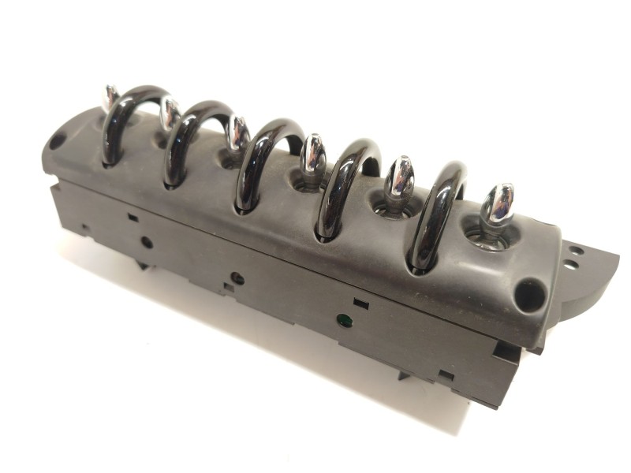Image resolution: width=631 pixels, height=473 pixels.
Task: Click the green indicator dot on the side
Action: click(x=343, y=320)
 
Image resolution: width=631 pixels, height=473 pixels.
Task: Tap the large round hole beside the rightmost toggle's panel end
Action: click(x=528, y=296)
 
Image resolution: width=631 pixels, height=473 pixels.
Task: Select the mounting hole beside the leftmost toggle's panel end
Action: click(x=57, y=141)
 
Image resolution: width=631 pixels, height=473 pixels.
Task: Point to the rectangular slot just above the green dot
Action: click(x=360, y=303)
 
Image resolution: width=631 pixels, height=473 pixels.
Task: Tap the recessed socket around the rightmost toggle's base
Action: click(x=486, y=236)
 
